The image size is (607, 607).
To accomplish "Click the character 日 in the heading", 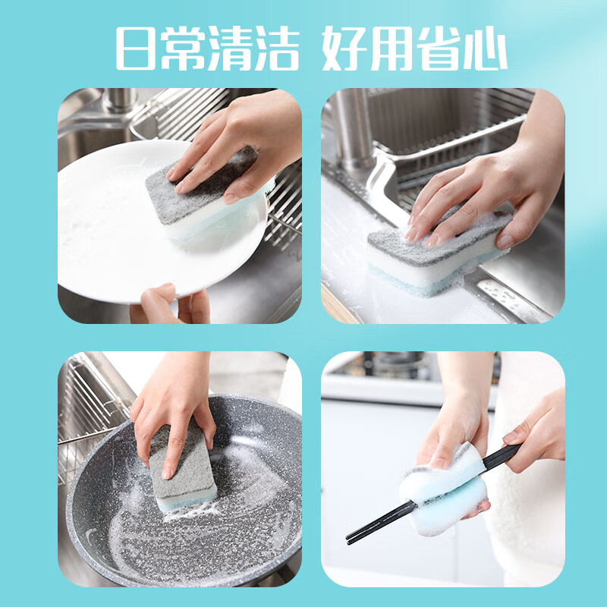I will (139, 50).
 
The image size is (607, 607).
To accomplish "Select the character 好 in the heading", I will (346, 50).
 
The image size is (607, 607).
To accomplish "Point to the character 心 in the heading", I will (483, 50).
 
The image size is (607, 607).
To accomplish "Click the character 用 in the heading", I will (392, 50).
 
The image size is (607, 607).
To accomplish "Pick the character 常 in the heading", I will (184, 50).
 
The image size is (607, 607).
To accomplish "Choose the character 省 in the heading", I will (437, 50).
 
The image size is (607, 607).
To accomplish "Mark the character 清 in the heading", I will (229, 50).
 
